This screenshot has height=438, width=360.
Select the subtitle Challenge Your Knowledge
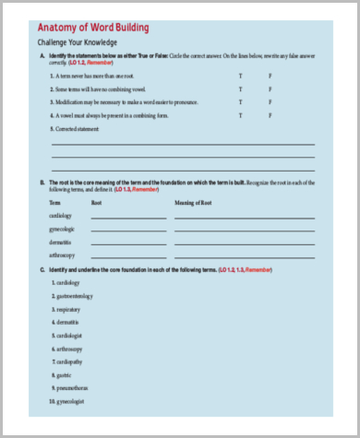tap(77, 43)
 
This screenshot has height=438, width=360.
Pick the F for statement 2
tap(270, 89)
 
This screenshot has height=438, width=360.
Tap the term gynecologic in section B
tap(63, 228)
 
